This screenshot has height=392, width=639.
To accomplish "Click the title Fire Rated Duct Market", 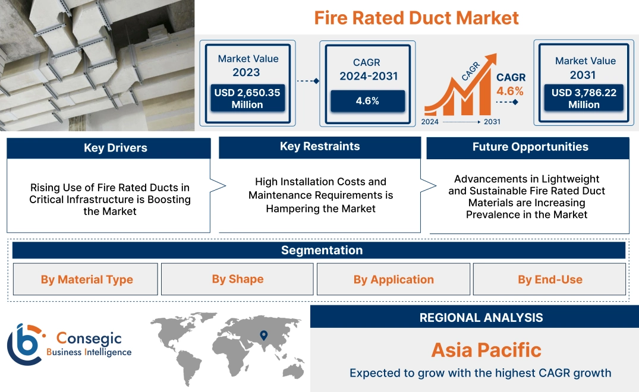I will click(416, 17).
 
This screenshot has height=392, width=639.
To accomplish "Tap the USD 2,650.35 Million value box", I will click(247, 99).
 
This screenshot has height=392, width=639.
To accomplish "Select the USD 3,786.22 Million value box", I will click(584, 99).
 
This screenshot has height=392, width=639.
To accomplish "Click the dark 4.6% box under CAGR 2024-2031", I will click(367, 101).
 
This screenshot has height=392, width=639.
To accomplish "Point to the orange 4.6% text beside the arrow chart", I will click(510, 91).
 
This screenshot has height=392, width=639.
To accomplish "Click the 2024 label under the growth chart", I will click(430, 122).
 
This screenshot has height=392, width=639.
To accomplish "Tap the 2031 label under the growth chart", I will click(492, 122).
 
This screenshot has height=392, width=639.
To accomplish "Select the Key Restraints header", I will click(320, 147).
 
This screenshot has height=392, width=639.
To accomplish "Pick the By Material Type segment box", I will click(87, 279).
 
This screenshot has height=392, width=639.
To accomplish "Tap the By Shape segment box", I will click(237, 279).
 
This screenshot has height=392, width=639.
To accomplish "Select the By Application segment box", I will click(394, 279).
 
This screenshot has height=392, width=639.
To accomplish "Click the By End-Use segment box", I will click(550, 279).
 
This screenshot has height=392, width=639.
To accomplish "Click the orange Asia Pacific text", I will click(486, 350).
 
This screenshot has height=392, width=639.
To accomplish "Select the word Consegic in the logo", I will click(89, 339).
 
